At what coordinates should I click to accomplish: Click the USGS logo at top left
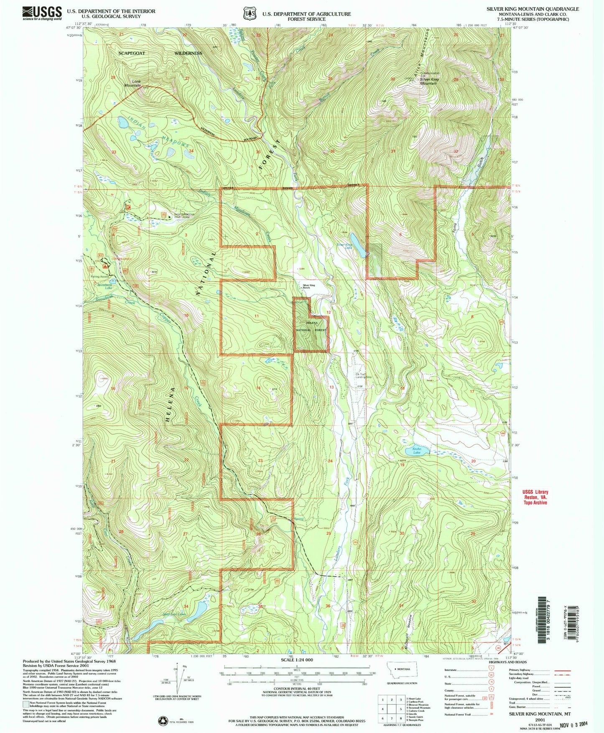(42, 13)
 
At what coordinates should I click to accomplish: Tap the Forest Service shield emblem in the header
(250, 13)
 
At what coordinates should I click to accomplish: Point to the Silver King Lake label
(345, 246)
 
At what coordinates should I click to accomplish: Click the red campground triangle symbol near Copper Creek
(106, 266)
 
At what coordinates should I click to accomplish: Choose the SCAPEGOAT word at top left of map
(132, 53)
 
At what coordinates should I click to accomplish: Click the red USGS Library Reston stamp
(535, 497)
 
